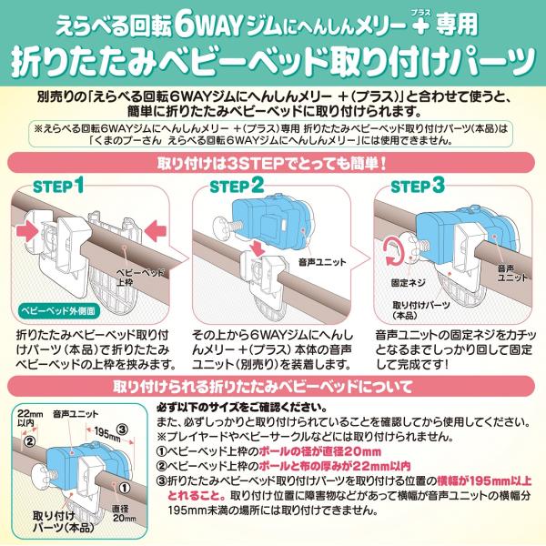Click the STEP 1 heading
pyautogui.click(x=58, y=186)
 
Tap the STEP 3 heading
pyautogui.click(x=418, y=186)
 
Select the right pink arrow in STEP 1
pyautogui.click(x=156, y=230)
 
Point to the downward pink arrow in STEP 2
pyautogui.click(x=258, y=248)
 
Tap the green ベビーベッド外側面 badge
pyautogui.click(x=58, y=310)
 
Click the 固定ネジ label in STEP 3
pyautogui.click(x=408, y=283)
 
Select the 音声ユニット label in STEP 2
pyautogui.click(x=322, y=262)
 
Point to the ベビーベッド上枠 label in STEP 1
pyautogui.click(x=139, y=278)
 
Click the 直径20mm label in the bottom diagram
pyautogui.click(x=124, y=513)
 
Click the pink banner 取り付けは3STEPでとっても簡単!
pyautogui.click(x=272, y=163)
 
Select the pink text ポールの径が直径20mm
pyautogui.click(x=320, y=451)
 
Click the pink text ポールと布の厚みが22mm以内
pyautogui.click(x=335, y=466)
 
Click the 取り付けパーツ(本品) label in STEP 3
pyautogui.click(x=421, y=310)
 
